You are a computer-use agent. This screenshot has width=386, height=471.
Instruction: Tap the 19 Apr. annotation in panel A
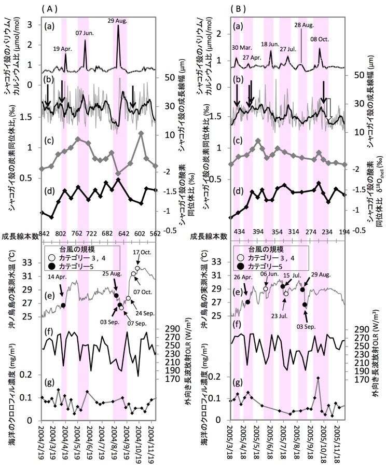click(x=65, y=48)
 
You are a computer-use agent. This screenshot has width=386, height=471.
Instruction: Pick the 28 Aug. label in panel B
click(x=304, y=25)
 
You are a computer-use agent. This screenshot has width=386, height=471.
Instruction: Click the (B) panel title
click(x=240, y=8)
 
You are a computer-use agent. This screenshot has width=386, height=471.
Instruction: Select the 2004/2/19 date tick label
click(x=44, y=450)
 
